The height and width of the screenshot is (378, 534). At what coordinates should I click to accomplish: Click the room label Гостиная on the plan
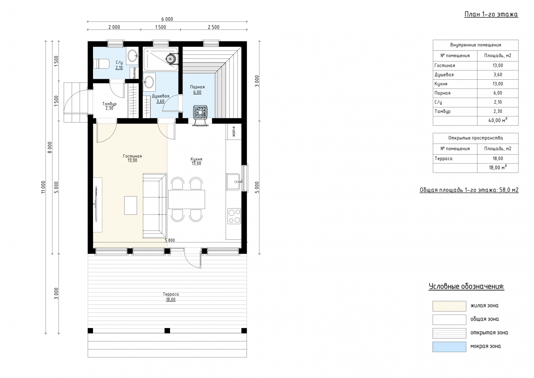[x=132, y=156]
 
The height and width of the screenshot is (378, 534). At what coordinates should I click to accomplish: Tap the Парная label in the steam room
[x=198, y=87]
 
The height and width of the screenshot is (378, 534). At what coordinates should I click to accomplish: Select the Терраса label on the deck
[x=171, y=294]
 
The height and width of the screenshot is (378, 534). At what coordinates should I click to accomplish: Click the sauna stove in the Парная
[x=201, y=111]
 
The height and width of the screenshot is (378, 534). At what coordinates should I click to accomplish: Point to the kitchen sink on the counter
[x=233, y=182]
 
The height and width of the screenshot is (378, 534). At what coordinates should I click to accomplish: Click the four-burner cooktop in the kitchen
[x=234, y=216]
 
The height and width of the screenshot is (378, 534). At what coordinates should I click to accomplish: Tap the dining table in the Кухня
[x=186, y=199]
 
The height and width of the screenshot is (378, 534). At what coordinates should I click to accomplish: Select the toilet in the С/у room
[x=101, y=64]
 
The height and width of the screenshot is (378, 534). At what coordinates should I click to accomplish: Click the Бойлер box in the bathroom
[x=134, y=73]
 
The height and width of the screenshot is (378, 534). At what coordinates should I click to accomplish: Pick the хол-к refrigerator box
[x=234, y=131]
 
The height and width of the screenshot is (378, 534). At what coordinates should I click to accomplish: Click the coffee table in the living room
[x=130, y=205]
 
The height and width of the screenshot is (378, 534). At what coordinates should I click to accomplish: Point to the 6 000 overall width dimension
[x=167, y=19]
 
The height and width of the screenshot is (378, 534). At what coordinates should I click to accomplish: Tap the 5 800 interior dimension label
[x=170, y=240]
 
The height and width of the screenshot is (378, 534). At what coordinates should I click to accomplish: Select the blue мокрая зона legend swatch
[x=449, y=347]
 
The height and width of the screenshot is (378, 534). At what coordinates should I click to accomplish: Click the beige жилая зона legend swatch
[x=449, y=306]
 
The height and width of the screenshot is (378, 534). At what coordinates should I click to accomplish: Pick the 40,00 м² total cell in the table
[x=498, y=121]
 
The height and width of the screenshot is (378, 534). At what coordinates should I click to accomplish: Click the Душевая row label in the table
[x=444, y=75]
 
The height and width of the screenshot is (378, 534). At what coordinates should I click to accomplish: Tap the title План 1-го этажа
[x=491, y=14]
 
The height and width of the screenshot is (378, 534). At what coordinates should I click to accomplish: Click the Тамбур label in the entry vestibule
[x=109, y=104]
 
